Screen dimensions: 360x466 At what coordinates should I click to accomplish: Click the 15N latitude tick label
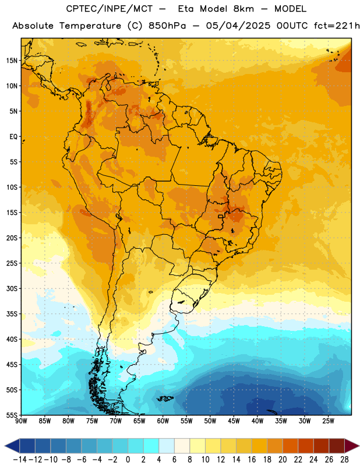tap(12, 61)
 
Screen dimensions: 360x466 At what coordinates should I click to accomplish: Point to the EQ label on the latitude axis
tap(13, 137)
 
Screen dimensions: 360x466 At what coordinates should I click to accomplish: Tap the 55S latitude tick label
tap(12, 415)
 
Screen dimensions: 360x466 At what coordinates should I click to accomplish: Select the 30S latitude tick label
tap(12, 288)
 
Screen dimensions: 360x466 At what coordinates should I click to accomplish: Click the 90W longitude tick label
tap(21, 421)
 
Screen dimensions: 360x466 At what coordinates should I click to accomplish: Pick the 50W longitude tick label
tap(210, 421)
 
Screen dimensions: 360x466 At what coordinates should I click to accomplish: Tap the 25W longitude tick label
tap(328, 421)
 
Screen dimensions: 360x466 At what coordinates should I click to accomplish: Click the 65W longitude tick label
tap(139, 421)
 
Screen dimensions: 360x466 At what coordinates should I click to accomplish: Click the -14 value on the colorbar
tap(20, 460)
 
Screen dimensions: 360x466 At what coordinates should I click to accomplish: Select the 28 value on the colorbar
tap(344, 460)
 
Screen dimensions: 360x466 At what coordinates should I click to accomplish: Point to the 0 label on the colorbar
tap(128, 460)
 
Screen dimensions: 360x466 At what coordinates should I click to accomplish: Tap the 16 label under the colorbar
tap(252, 460)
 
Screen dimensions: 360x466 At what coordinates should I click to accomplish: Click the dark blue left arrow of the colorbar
tap(12, 446)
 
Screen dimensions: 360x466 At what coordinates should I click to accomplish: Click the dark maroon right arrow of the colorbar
tap(352, 446)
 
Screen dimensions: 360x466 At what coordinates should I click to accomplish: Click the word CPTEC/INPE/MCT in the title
tap(110, 9)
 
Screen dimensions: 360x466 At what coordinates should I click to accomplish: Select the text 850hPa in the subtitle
tap(167, 26)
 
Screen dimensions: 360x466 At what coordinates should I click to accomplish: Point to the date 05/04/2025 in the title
tap(238, 26)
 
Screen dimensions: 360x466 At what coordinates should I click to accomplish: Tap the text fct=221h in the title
tap(337, 26)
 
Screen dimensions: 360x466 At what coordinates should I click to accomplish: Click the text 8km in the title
tap(243, 9)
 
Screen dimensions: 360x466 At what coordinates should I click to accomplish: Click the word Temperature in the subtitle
tap(90, 26)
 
